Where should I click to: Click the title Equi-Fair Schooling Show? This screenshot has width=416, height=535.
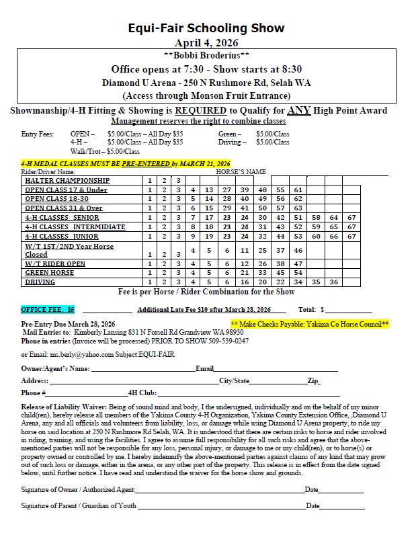tap(206, 28)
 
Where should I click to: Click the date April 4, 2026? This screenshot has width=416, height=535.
tap(206, 42)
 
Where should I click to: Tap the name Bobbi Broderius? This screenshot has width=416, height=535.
tap(206, 55)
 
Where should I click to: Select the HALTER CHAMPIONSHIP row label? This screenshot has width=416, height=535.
tap(67, 181)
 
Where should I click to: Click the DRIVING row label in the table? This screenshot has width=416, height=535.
tap(40, 282)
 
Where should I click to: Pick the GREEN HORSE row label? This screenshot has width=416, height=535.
tap(50, 273)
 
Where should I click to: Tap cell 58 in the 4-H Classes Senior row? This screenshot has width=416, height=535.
tap(315, 218)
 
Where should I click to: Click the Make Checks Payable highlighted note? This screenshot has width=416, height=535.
tap(310, 324)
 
